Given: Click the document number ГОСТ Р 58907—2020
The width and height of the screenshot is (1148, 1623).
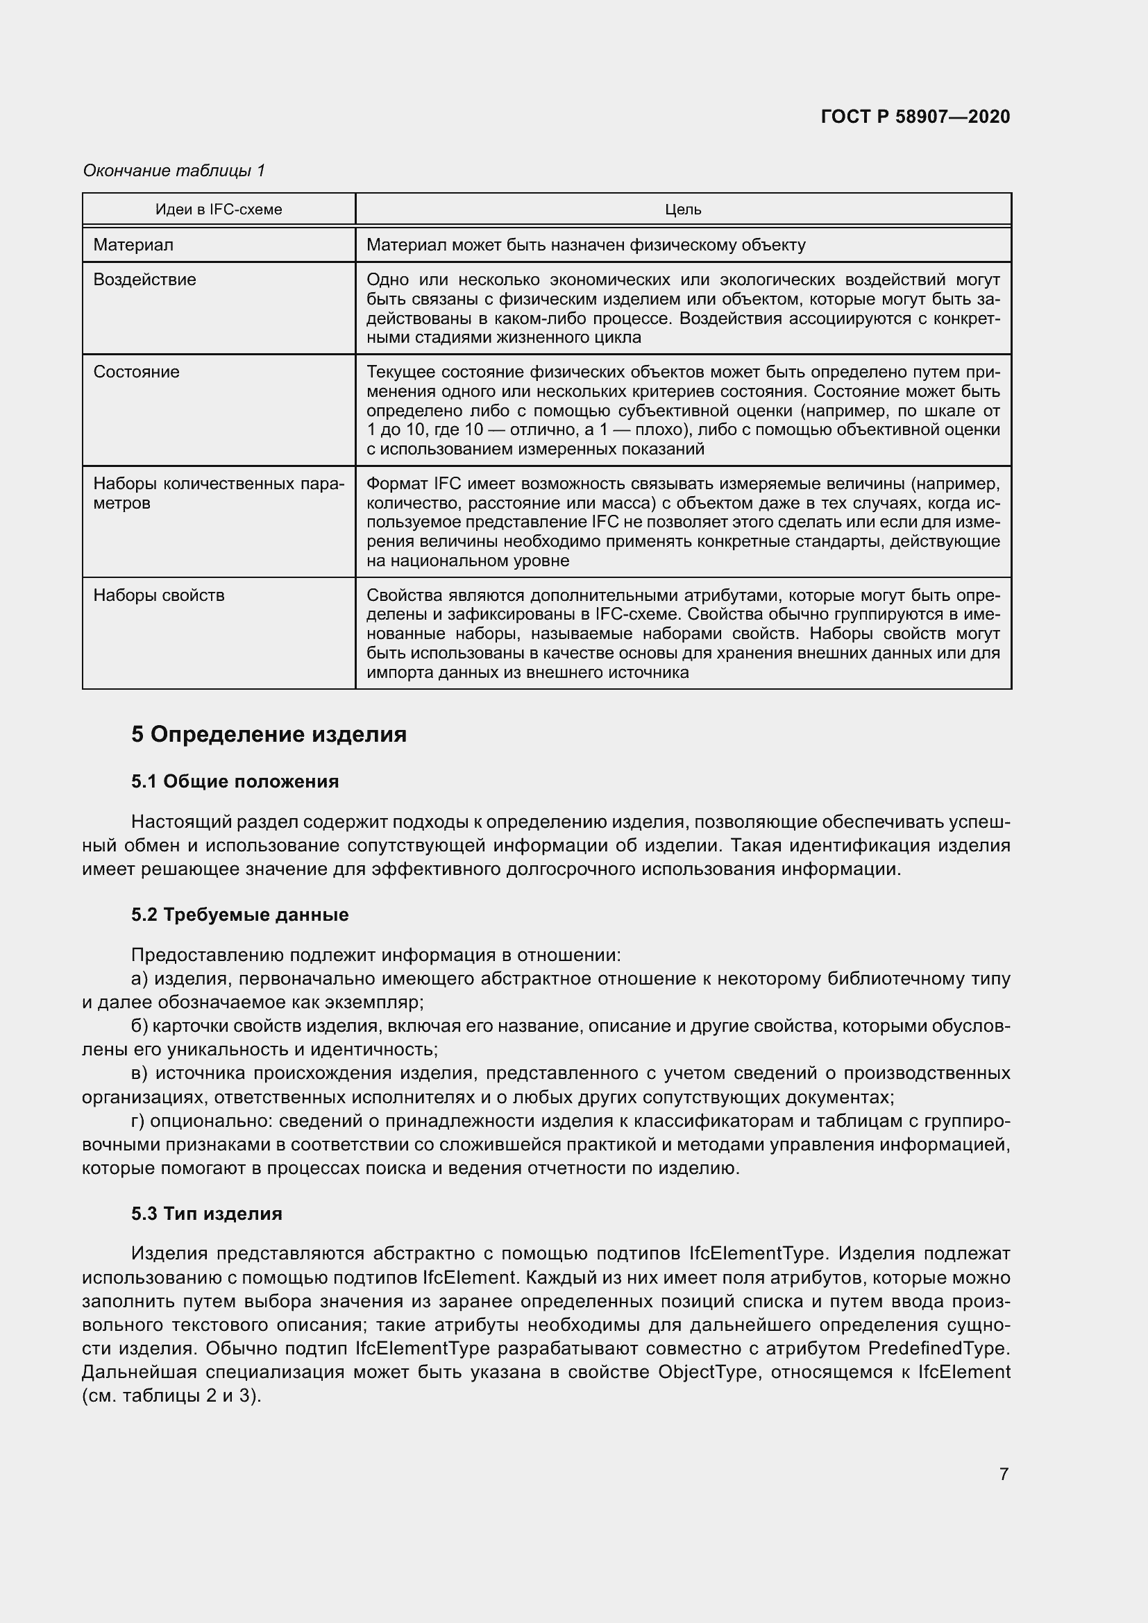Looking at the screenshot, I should pyautogui.click(x=915, y=117).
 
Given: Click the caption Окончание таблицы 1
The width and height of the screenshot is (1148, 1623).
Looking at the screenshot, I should pyautogui.click(x=174, y=171).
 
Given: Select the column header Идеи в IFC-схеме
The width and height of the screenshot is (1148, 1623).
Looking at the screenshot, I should pyautogui.click(x=219, y=210).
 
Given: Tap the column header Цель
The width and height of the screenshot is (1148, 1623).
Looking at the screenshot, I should pyautogui.click(x=683, y=210).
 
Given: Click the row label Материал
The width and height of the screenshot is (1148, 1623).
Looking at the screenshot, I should pyautogui.click(x=133, y=244).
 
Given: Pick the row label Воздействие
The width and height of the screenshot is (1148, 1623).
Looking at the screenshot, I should pyautogui.click(x=144, y=279).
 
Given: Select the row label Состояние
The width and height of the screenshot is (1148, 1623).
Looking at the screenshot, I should pyautogui.click(x=136, y=371).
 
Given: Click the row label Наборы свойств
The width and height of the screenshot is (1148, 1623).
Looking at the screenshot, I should pyautogui.click(x=158, y=595).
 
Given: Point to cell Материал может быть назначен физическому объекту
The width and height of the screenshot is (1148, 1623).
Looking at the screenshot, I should pyautogui.click(x=585, y=244).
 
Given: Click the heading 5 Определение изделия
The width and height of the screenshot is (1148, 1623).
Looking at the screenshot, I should pyautogui.click(x=269, y=733).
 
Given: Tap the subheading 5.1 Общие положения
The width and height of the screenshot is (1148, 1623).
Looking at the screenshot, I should pyautogui.click(x=235, y=781).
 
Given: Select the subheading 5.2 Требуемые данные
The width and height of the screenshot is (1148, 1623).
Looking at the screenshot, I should pyautogui.click(x=239, y=915).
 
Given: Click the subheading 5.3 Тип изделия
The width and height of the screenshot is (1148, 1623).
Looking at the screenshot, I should pyautogui.click(x=206, y=1214).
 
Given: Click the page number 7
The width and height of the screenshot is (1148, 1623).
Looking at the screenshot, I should pyautogui.click(x=1004, y=1474).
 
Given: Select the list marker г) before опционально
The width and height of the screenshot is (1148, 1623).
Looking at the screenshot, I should pyautogui.click(x=139, y=1121).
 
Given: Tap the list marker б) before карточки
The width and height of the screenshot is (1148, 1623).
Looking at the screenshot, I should pyautogui.click(x=140, y=1026).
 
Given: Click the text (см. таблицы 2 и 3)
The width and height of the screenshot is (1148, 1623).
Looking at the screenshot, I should pyautogui.click(x=171, y=1396).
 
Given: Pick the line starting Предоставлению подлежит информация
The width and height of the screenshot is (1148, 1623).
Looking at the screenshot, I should pyautogui.click(x=375, y=955).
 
